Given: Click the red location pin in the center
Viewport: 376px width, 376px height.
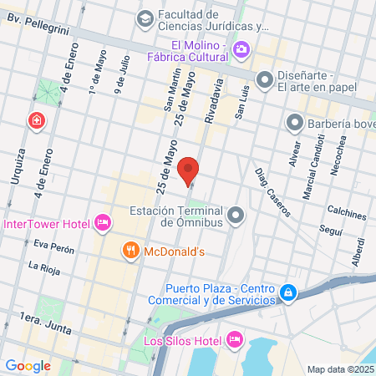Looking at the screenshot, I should (x=190, y=170).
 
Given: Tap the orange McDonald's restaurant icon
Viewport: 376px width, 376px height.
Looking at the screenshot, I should (x=130, y=249).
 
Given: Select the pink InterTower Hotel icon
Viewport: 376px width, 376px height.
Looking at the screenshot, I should (x=103, y=223).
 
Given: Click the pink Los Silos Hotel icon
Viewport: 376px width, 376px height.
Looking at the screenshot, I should (x=234, y=339).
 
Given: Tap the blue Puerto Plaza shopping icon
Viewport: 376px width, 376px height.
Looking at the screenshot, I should (x=287, y=292).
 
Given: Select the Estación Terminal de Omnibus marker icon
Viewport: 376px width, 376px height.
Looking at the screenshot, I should (x=236, y=216).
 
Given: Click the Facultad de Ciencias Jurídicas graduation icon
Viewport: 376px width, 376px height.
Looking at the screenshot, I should (x=145, y=18).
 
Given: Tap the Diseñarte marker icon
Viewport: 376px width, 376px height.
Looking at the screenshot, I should (x=265, y=80).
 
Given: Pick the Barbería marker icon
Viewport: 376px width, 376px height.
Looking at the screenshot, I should (x=294, y=124).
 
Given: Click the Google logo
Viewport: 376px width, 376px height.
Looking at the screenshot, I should (x=28, y=365).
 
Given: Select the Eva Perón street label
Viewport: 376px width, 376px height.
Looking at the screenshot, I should (x=54, y=248).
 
